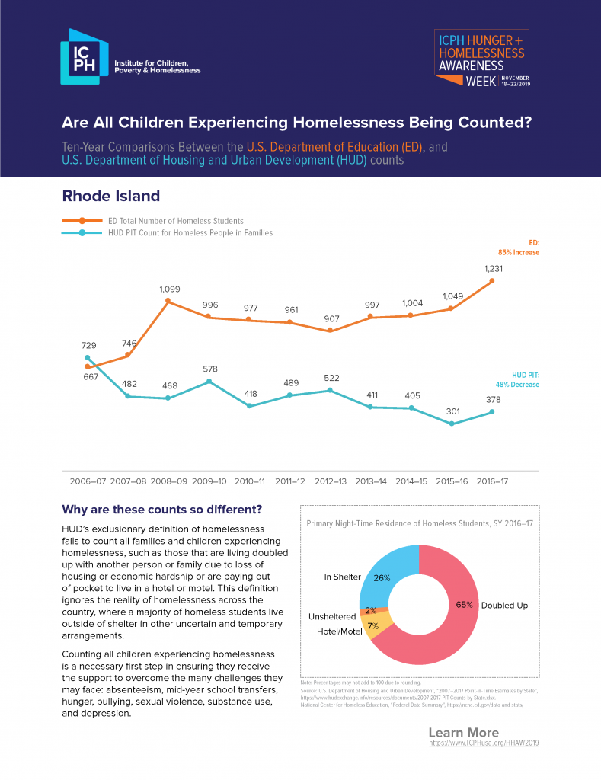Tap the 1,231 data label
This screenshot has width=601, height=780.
point(492,269)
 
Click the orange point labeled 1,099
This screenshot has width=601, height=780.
point(168,302)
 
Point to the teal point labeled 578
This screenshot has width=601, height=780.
point(209,381)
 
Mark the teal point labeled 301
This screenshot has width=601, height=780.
point(452,424)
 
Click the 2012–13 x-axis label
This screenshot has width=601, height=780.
point(330,481)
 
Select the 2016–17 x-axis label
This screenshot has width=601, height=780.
point(492,481)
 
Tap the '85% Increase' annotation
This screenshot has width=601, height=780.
point(518,252)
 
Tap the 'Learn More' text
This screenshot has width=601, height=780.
point(463,733)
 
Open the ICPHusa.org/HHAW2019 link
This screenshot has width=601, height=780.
point(483,742)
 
